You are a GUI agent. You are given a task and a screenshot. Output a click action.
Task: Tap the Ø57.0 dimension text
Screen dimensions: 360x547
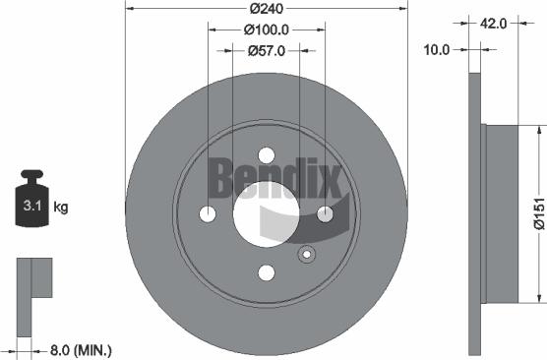pos(266,50)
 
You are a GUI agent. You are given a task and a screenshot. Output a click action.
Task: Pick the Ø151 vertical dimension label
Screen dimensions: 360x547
pos(538,211)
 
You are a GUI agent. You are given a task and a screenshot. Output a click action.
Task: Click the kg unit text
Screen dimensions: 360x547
pos(60,207)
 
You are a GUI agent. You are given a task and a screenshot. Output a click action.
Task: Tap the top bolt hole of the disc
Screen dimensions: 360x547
pos(267,155)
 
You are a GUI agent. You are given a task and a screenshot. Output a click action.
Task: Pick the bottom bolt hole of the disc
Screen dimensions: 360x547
pos(267,273)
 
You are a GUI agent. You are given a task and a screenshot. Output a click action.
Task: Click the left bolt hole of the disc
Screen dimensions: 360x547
pos(208,214)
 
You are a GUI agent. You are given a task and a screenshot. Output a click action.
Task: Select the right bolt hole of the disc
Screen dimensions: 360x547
pos(326,214)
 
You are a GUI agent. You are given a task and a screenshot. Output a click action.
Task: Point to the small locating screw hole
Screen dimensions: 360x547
pos(307,257)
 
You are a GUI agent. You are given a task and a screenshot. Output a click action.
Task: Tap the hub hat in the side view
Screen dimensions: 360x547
pos(502,213)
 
